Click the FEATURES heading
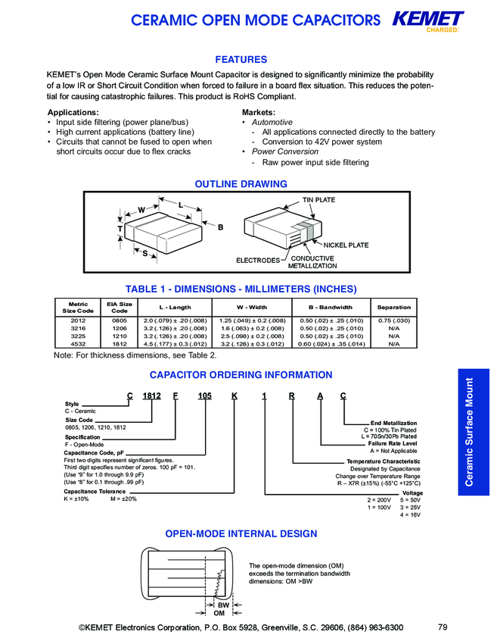[241, 60]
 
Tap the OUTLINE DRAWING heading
[241, 184]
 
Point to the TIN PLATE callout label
[318, 200]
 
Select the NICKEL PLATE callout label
[346, 245]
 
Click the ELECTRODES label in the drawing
[258, 261]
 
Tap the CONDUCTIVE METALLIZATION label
[312, 262]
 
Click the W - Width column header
[252, 308]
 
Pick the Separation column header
[393, 308]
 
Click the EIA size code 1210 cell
[119, 336]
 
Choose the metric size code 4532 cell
[77, 344]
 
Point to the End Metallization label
[393, 424]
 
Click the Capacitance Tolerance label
[95, 492]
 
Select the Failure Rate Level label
[393, 443]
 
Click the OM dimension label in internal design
[219, 614]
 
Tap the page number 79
[443, 627]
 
